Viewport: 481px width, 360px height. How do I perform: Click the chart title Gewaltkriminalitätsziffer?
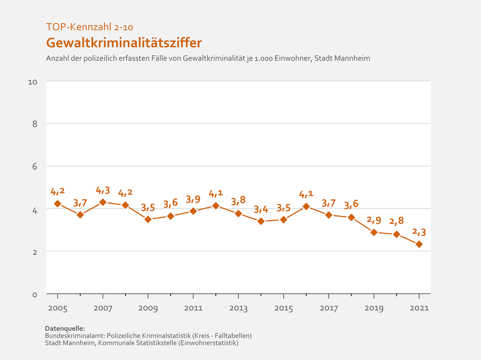click(x=124, y=43)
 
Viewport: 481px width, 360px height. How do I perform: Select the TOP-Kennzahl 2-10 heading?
click(x=90, y=27)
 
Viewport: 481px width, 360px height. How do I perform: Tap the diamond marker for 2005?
click(x=58, y=204)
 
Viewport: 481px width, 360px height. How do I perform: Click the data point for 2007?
click(x=103, y=202)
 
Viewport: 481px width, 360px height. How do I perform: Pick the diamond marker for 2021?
click(x=419, y=244)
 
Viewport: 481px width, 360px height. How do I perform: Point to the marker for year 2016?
click(x=306, y=207)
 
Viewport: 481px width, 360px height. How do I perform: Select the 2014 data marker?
click(x=261, y=221)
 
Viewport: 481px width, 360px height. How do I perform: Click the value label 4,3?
click(x=103, y=190)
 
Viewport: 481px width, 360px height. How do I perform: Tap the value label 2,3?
click(x=419, y=232)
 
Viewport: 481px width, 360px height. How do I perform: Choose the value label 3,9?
click(x=193, y=199)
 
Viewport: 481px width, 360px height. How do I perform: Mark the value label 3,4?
click(x=261, y=209)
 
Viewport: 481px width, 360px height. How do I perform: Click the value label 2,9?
click(x=374, y=220)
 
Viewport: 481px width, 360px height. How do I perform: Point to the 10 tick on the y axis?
click(x=32, y=82)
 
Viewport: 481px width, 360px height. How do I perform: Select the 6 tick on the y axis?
click(x=35, y=167)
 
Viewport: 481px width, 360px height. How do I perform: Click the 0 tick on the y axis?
click(x=35, y=295)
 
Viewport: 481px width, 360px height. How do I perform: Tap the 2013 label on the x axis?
click(x=238, y=308)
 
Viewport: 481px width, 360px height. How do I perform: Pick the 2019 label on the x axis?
click(x=374, y=308)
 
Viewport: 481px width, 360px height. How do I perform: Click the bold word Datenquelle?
click(x=65, y=328)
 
